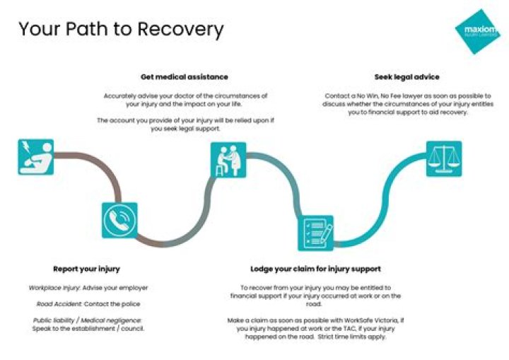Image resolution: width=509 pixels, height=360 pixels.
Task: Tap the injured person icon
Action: coord(35,156)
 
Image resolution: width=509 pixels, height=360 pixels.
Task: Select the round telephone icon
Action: coord(119,220)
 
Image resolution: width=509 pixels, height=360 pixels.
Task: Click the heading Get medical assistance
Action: coord(184,76)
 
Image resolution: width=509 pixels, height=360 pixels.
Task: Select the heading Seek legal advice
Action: coord(407,76)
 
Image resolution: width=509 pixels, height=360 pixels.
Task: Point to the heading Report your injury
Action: coord(86,269)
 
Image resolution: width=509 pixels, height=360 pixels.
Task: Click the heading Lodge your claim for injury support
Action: coord(315,269)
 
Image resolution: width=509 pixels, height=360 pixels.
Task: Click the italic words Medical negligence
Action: coord(114,320)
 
